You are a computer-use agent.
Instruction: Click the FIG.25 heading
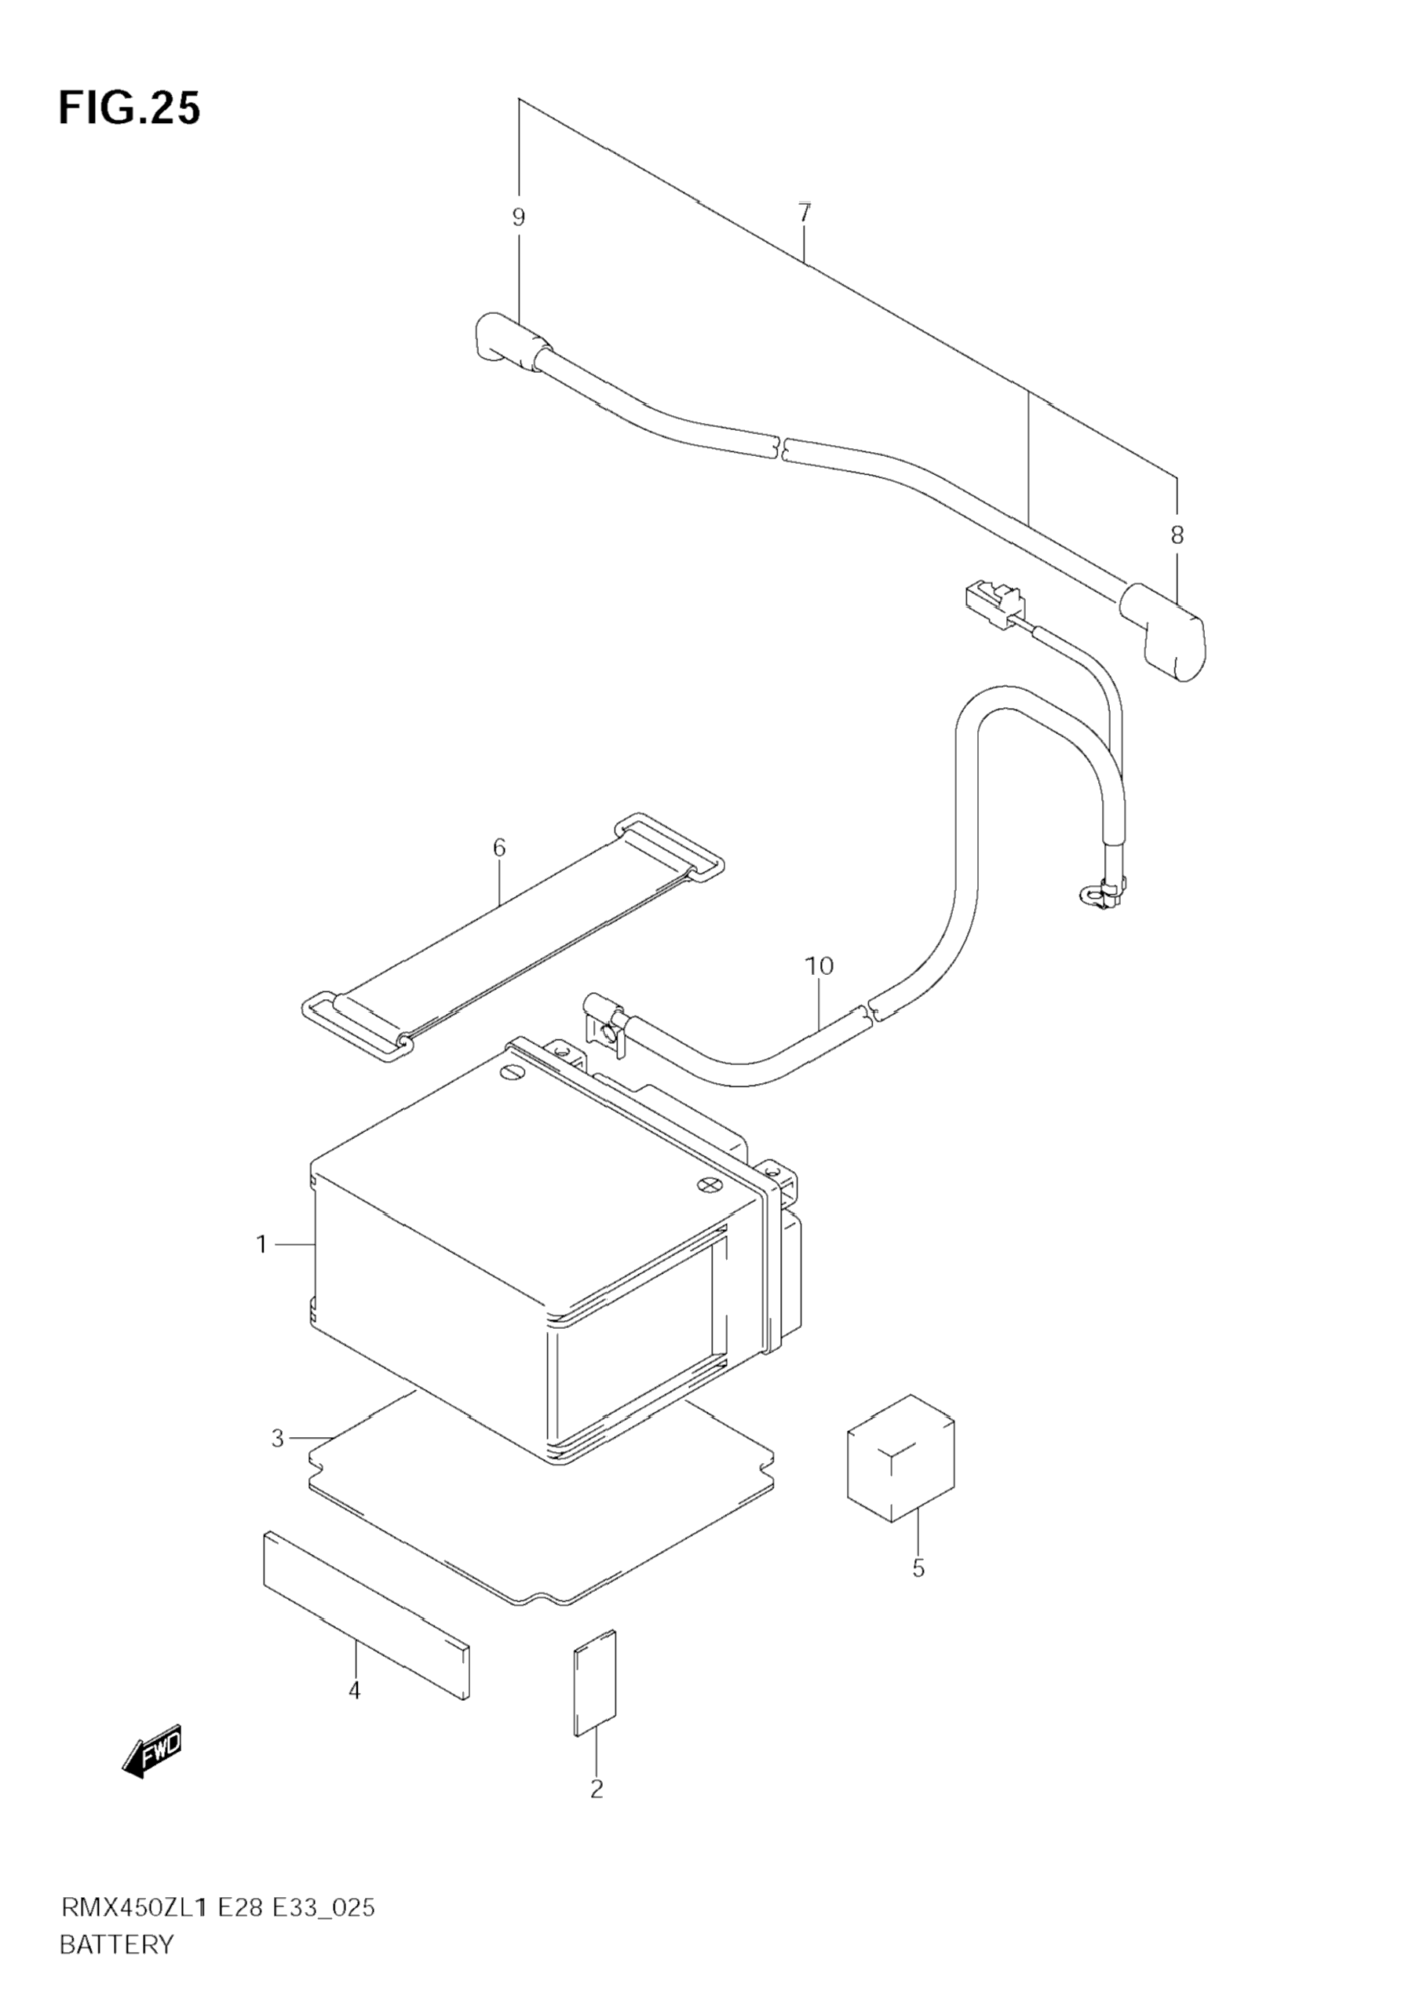130,108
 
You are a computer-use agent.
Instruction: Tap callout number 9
518,217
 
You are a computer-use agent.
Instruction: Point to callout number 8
1177,535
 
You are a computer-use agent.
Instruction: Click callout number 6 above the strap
499,847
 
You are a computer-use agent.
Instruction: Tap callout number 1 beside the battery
261,1244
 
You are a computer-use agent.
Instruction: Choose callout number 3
278,1438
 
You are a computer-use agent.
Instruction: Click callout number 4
354,1691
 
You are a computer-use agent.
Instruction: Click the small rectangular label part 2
594,1683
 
